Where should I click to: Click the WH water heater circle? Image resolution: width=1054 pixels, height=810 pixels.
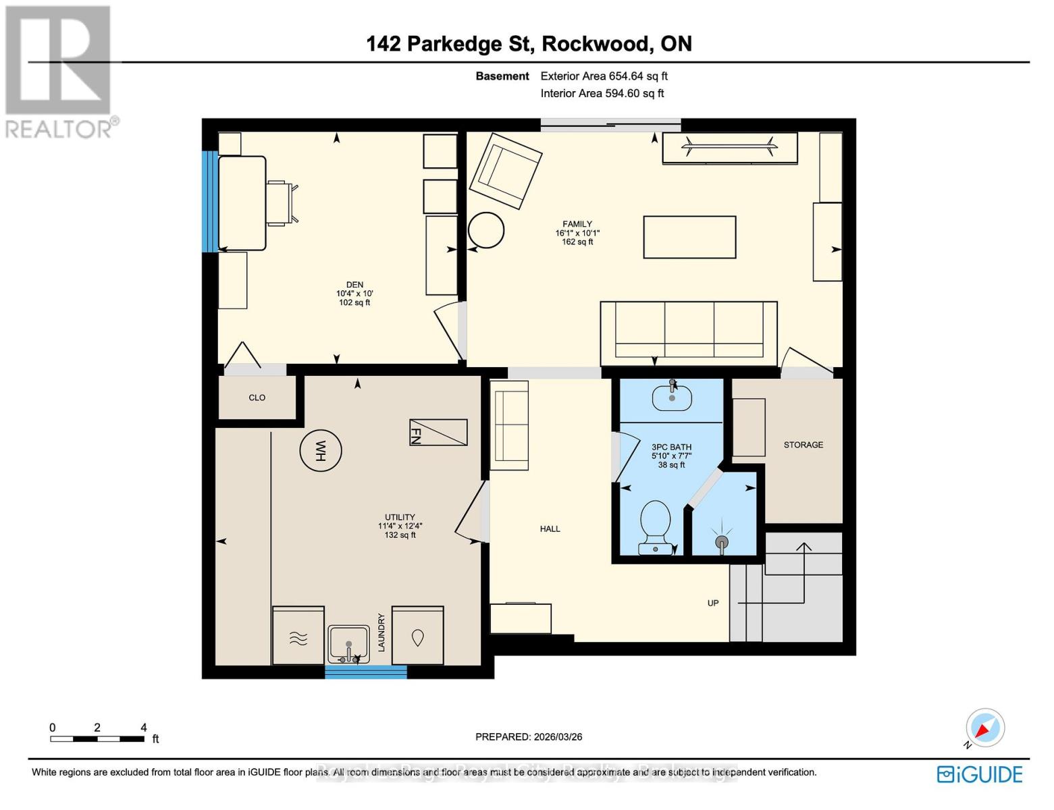point(320,450)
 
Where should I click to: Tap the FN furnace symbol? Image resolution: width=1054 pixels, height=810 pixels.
point(438,432)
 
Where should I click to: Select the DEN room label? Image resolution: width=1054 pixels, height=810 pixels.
point(354,285)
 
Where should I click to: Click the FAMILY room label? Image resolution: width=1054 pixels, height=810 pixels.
point(577,224)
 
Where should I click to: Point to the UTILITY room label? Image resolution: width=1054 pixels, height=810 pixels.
point(400,517)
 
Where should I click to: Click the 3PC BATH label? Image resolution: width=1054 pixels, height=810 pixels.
point(671,447)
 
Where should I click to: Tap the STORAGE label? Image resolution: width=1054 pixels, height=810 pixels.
point(803,445)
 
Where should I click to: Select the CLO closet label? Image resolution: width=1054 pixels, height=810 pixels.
point(257,398)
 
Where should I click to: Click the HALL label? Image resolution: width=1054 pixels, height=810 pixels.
point(550,529)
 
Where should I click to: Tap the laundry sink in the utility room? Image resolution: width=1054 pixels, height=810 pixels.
point(348,643)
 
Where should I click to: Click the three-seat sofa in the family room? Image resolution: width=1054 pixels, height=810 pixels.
point(688,333)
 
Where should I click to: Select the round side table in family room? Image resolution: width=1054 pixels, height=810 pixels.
point(486,232)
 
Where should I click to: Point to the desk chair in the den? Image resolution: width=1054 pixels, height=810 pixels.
point(281,202)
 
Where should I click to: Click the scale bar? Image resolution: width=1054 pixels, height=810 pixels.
point(97,738)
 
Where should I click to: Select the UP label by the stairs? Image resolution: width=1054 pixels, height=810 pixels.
point(713,603)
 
